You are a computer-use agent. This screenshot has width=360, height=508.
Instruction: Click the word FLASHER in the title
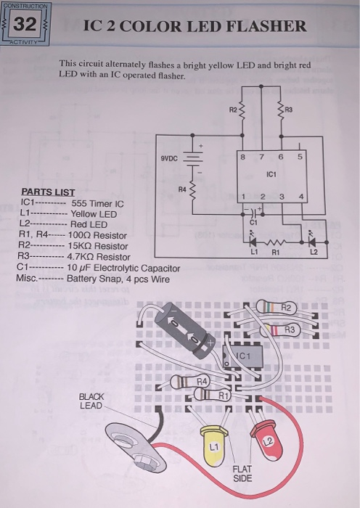coord(264,27)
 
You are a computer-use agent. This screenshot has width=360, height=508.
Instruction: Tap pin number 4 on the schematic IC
coord(300,197)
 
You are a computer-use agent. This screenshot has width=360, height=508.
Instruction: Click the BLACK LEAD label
coord(91,401)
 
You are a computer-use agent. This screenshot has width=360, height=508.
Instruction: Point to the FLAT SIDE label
coord(243,474)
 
